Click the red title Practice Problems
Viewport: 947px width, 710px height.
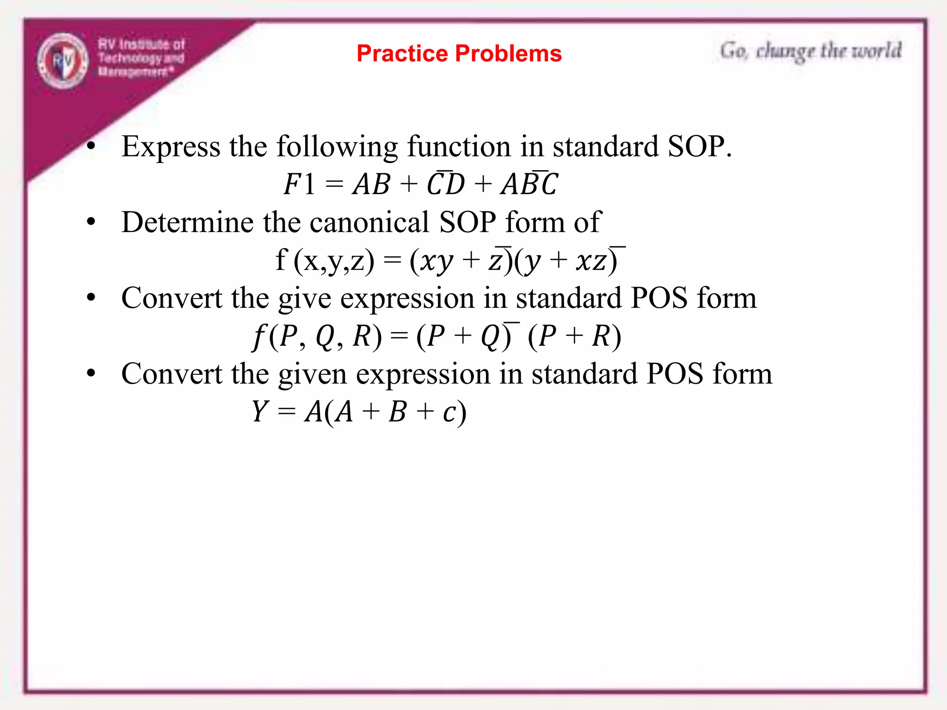(459, 53)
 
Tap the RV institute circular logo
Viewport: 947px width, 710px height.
(62, 61)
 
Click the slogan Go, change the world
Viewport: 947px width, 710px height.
(810, 51)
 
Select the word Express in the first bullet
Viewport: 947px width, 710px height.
(171, 147)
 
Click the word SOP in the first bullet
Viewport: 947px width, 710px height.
(696, 147)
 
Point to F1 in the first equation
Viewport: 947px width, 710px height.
(299, 184)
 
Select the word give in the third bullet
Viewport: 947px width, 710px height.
(305, 299)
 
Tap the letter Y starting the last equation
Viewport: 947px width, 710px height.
(260, 411)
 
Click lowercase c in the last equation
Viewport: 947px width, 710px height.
(449, 412)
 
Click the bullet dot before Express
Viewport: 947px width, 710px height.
(91, 147)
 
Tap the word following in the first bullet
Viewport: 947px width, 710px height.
(337, 147)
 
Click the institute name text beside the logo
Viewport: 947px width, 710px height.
(141, 58)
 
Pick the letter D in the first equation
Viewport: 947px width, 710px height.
(455, 184)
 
